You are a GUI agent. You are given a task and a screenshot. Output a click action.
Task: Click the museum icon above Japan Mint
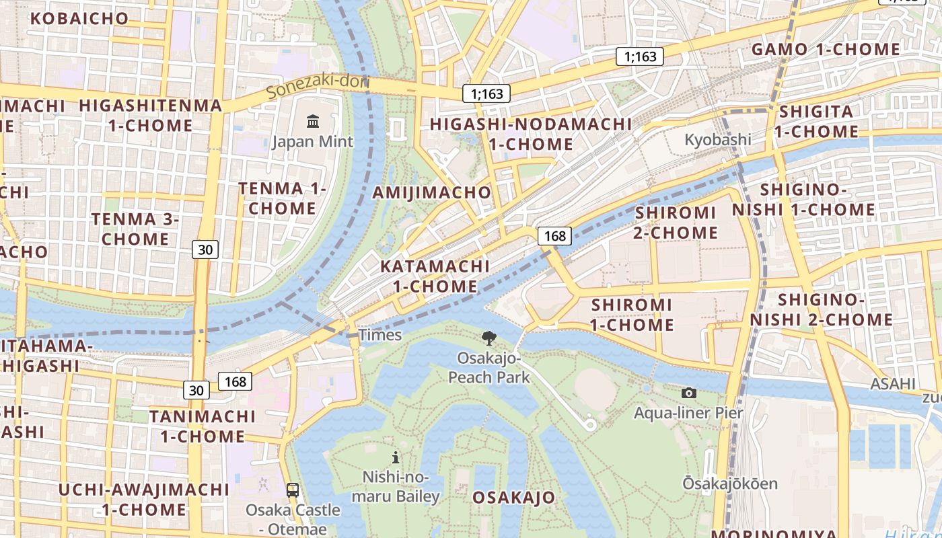pyautogui.click(x=313, y=122)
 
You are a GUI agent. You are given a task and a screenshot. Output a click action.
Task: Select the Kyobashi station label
pyautogui.click(x=718, y=140)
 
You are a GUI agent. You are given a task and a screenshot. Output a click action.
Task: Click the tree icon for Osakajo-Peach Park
pyautogui.click(x=489, y=338)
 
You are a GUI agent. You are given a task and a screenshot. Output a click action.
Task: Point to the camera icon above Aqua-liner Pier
pyautogui.click(x=688, y=393)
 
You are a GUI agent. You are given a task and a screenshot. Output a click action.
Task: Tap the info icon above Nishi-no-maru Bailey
pyautogui.click(x=396, y=458)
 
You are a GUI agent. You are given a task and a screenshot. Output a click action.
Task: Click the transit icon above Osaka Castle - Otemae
pyautogui.click(x=293, y=490)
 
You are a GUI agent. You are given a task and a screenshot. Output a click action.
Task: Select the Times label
pyautogui.click(x=380, y=335)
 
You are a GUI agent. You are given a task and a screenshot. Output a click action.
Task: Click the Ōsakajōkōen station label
pyautogui.click(x=730, y=484)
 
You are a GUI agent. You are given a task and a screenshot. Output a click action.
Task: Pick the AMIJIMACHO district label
pyautogui.click(x=433, y=192)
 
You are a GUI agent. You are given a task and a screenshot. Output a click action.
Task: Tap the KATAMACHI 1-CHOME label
pyautogui.click(x=435, y=276)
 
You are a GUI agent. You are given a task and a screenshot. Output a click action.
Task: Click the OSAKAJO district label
pyautogui.click(x=514, y=498)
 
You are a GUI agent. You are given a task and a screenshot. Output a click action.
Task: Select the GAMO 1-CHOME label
pyautogui.click(x=826, y=49)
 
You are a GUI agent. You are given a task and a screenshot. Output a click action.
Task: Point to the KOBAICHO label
pyautogui.click(x=79, y=18)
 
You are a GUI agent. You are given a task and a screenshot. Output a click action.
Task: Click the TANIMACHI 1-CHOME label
pyautogui.click(x=202, y=426)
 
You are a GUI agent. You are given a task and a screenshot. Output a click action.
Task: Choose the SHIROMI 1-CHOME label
pyautogui.click(x=632, y=315)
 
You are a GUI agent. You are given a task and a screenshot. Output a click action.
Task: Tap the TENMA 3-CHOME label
pyautogui.click(x=135, y=229)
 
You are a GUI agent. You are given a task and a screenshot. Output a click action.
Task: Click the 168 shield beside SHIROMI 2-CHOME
pyautogui.click(x=554, y=236)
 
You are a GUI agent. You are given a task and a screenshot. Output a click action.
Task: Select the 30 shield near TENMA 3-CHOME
pyautogui.click(x=205, y=249)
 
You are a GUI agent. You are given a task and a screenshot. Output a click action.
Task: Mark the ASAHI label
pyautogui.click(x=893, y=383)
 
